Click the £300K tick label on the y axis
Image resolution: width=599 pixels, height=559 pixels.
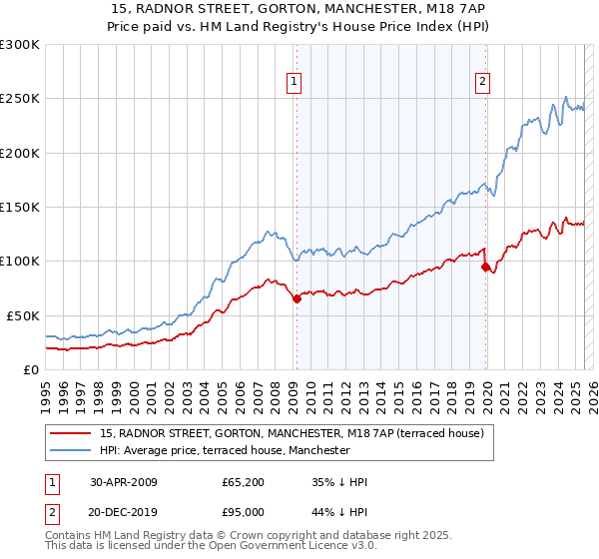point(19,45)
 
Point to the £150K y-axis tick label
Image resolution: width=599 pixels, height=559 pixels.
point(19,207)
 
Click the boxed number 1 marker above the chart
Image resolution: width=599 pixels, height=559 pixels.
point(296,83)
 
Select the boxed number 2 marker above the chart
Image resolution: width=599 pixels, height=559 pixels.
point(483,83)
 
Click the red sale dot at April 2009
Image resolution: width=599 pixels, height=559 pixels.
point(297,298)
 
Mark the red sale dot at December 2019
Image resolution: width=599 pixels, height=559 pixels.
point(485,267)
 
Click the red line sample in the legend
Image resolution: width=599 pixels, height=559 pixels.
point(71,433)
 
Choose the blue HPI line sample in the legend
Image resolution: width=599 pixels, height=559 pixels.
point(71,450)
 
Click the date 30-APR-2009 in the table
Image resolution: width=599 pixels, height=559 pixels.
point(124,482)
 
